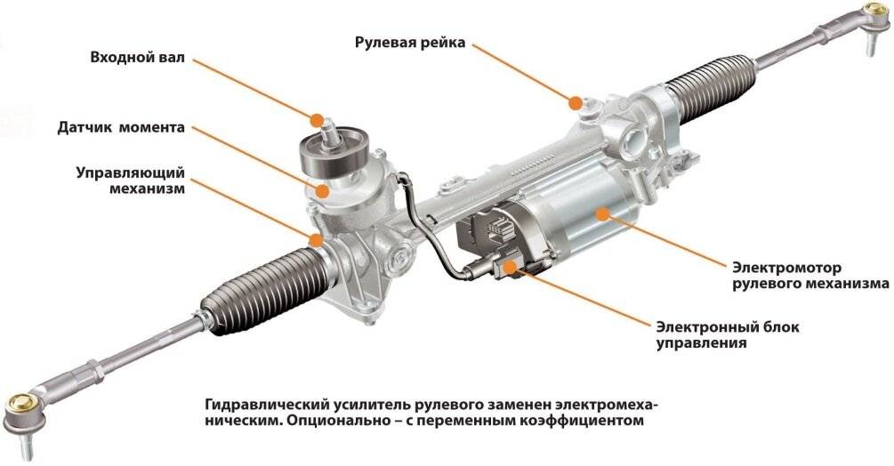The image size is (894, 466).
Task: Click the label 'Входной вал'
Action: click(137, 58)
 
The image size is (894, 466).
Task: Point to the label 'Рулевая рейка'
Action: click(409, 42)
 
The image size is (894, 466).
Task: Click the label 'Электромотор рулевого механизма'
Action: click(809, 275)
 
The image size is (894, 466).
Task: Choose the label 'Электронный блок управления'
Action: click(727, 334)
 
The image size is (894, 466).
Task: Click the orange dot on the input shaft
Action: click(317, 119)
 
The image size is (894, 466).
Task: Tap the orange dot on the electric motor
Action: click(603, 213)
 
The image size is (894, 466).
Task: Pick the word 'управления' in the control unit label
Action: click(700, 343)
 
